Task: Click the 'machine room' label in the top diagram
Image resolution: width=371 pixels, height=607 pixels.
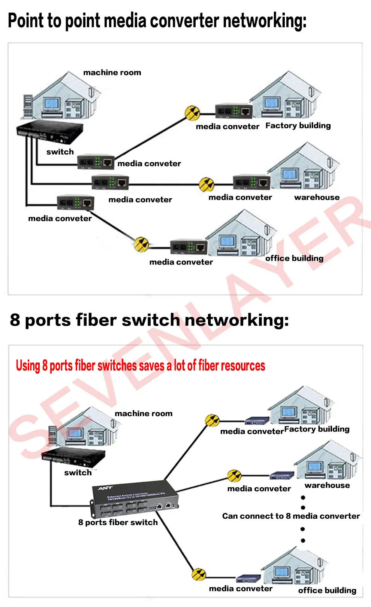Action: point(112,73)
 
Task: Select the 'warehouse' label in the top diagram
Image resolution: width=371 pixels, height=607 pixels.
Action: point(317,197)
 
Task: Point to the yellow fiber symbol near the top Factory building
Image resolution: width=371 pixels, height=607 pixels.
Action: point(193,113)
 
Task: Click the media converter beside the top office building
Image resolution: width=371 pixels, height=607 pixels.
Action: point(189,247)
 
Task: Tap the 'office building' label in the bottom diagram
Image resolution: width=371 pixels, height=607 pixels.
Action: point(327,590)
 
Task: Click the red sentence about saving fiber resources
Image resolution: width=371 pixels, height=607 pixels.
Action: point(140,366)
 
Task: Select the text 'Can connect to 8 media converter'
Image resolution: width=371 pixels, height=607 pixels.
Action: point(291,516)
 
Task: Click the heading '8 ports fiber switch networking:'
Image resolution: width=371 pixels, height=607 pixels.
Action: point(149,320)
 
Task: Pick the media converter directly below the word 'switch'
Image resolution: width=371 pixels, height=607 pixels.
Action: point(96,162)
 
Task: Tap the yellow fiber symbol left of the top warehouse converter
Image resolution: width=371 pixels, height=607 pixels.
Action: point(206,184)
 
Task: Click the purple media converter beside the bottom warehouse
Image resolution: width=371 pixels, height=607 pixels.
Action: point(282,476)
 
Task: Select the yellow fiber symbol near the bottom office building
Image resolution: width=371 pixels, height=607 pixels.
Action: point(199,574)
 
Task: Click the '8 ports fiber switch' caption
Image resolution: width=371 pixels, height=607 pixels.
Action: point(118,522)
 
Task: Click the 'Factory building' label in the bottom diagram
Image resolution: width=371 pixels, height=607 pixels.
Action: point(317,429)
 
